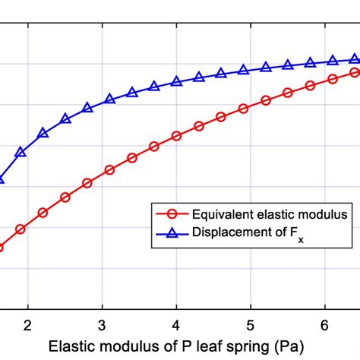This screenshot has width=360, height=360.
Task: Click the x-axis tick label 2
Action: [28, 324]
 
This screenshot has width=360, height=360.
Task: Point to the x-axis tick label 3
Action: [102, 324]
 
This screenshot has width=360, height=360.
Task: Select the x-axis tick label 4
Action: [176, 324]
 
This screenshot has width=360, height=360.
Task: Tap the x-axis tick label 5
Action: [251, 324]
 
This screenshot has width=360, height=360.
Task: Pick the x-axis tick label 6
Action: [324, 324]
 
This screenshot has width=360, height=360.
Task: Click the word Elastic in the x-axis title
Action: [70, 346]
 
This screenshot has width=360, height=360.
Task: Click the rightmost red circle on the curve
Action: [355, 72]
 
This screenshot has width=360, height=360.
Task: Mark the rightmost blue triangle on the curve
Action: [355, 59]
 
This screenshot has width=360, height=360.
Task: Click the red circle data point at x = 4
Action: [176, 136]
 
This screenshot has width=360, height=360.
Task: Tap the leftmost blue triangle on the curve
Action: [2, 180]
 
